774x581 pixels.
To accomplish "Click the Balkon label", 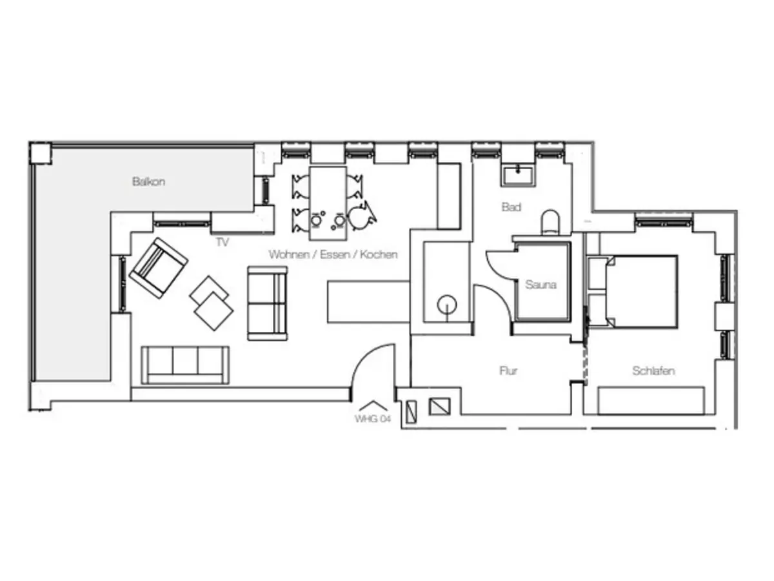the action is pos(148,181).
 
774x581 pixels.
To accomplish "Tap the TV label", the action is pos(222,242).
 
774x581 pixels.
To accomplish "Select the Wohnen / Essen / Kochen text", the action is pos(333,254).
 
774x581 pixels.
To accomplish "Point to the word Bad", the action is pos(511,207).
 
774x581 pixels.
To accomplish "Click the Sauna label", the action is pos(541,284).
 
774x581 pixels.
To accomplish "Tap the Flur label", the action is pos(508,371).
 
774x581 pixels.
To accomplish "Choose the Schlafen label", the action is pos(653,371).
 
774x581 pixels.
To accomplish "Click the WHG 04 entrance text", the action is pos(373,419).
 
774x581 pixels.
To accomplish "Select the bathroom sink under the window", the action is pos(518,176).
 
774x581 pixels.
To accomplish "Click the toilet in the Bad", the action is pos(550,222).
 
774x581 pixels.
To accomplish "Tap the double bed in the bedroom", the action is pos(641,292).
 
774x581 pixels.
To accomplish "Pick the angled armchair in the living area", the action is pos(159,268).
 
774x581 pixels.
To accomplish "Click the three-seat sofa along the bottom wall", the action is pos(185,365).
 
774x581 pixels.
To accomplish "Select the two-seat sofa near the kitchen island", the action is pos(267,303).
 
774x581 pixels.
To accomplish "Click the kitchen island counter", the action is pos(368,301).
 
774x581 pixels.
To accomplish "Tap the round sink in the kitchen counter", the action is pos(447,305).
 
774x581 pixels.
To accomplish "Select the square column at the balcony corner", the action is pos(41,153).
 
